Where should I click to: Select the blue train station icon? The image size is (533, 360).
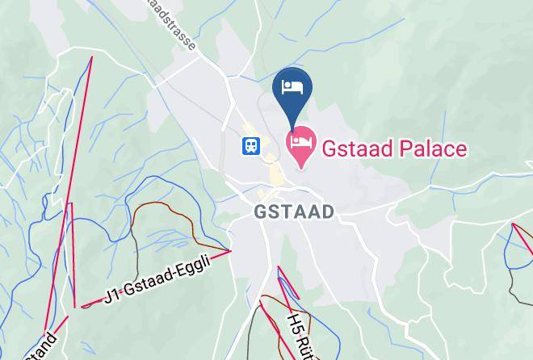pos(250,146)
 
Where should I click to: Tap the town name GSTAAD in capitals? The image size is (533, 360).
pos(293,211)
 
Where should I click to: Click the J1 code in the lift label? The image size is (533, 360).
pos(114,296)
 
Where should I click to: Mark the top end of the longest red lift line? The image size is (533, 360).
pos(91,57)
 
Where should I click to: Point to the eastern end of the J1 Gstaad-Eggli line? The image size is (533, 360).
pos(230,251)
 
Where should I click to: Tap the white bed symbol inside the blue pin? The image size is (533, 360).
pos(292,84)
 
